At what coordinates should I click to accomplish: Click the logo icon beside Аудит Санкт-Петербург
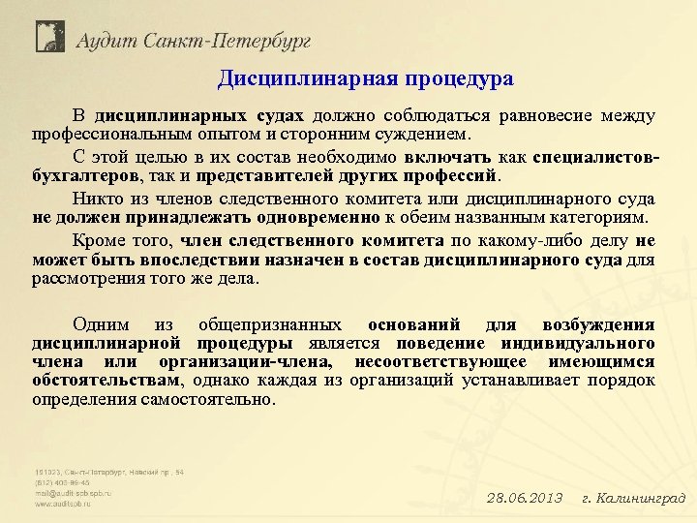(x=49, y=37)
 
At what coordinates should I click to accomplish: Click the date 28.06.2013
(x=524, y=499)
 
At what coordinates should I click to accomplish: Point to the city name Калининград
(x=640, y=499)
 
